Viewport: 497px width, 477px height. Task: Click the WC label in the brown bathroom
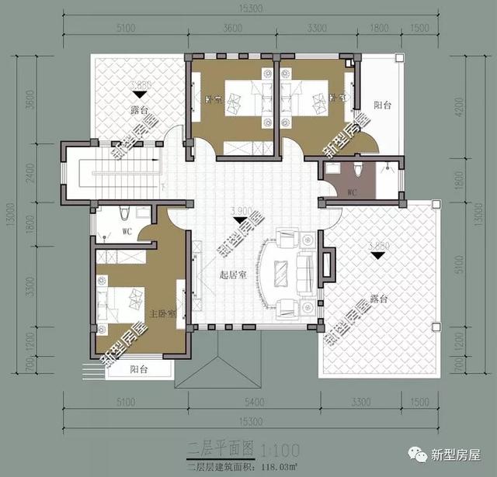351,192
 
